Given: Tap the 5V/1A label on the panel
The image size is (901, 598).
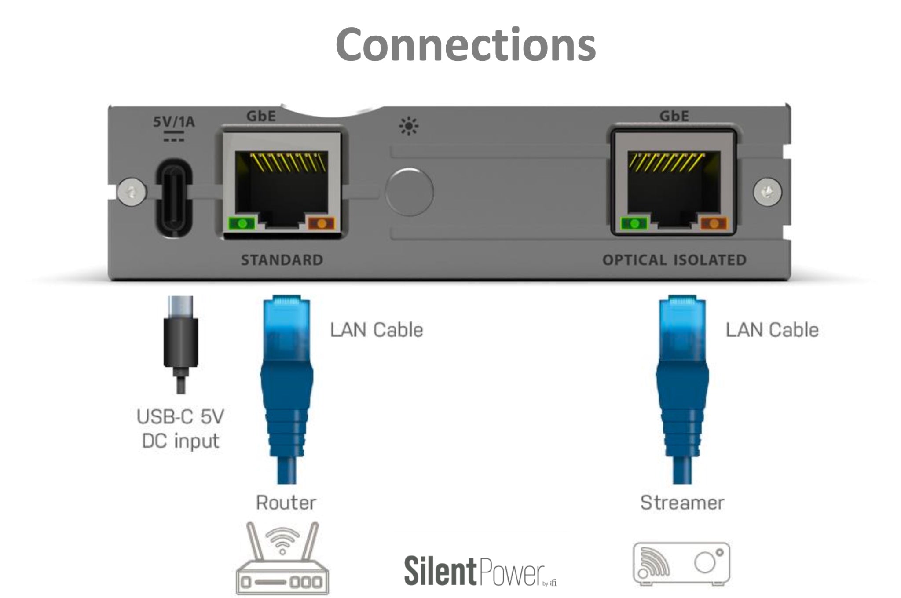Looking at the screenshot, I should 174,121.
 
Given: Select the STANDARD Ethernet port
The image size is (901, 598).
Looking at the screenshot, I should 282,187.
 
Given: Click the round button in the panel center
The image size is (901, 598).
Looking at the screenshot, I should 409,192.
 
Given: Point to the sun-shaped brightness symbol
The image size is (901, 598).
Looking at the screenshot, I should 409,127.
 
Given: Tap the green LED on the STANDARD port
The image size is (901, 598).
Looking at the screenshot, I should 242,223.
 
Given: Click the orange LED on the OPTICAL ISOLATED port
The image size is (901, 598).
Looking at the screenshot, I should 714,224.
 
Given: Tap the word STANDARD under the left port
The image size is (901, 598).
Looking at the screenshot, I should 282,260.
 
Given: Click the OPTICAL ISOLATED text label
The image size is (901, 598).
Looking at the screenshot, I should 674,260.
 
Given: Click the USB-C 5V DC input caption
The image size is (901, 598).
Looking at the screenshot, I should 180,428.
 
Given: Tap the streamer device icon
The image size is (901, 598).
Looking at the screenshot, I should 681,564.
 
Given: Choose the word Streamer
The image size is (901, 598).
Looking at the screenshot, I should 682,503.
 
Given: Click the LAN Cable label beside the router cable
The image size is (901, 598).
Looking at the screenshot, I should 377,330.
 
